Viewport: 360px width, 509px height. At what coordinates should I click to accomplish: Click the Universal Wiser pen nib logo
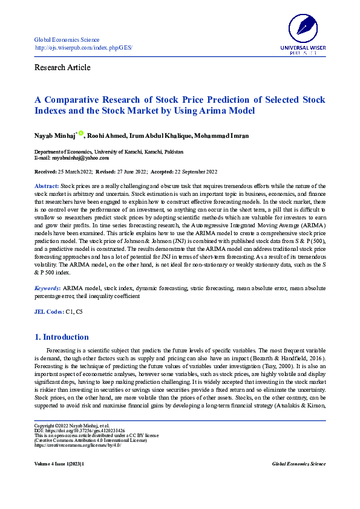coord(303,27)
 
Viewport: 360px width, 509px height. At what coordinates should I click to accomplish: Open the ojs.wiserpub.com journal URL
coord(83,48)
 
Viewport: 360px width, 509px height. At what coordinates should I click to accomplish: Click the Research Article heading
coord(62,67)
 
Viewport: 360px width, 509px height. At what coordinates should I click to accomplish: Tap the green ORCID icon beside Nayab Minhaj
coord(80,132)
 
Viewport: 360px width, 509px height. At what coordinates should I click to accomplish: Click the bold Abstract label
coord(46,186)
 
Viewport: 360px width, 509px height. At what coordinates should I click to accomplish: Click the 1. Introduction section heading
coord(62,337)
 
